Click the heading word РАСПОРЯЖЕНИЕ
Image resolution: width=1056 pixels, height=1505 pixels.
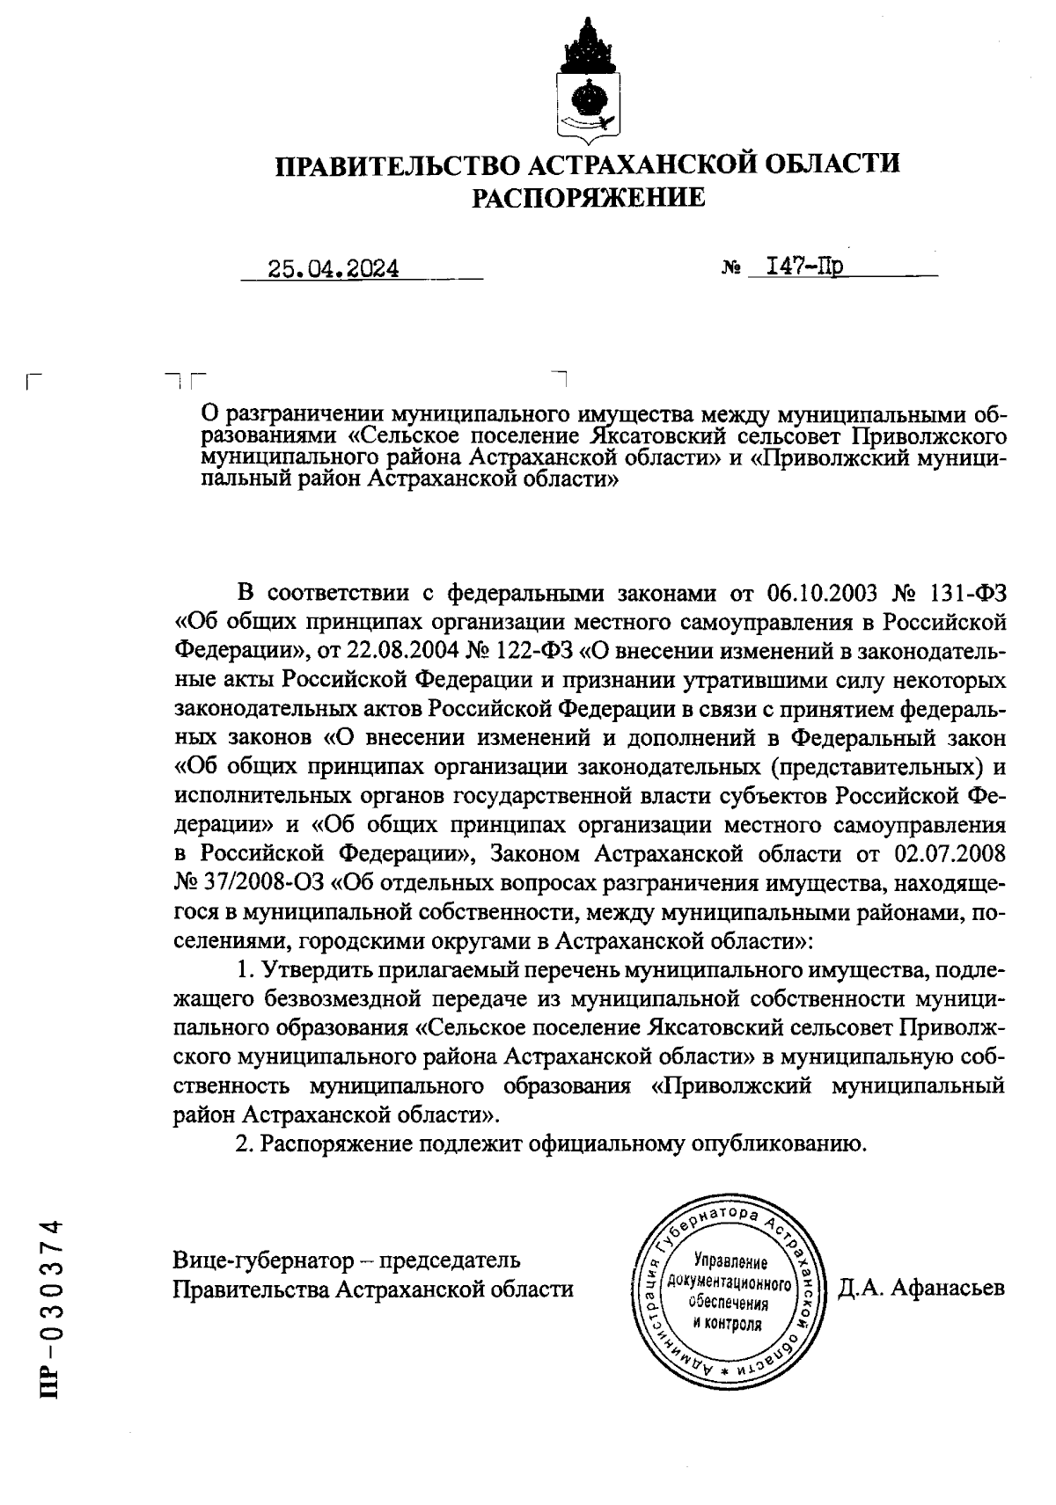coord(589,198)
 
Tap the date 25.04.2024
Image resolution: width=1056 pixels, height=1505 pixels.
coord(334,268)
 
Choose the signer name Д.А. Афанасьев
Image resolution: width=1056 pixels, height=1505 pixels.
coord(920,1289)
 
